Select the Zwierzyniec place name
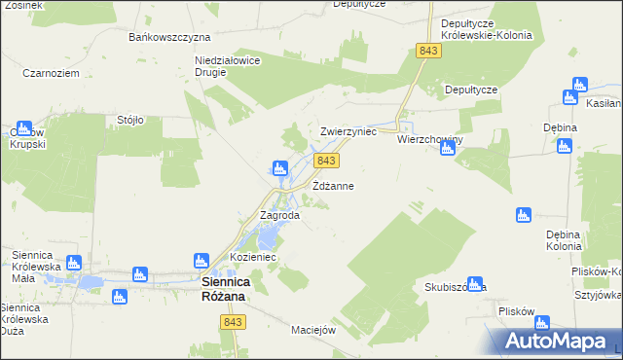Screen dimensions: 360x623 click(x=348, y=131)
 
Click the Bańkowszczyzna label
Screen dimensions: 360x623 click(x=170, y=37)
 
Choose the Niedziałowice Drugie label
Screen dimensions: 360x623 click(x=226, y=64)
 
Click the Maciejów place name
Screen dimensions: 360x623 click(x=312, y=329)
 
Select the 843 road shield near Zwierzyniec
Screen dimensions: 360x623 click(x=327, y=160)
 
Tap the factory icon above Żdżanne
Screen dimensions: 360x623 click(x=280, y=168)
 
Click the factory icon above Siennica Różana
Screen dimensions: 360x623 click(x=202, y=260)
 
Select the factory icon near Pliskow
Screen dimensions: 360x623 click(x=542, y=322)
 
